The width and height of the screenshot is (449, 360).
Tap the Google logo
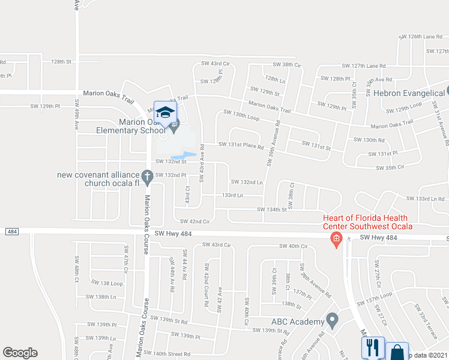(x=20, y=353)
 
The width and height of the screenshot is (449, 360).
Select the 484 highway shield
(x=11, y=232)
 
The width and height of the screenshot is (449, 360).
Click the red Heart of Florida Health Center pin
(x=336, y=241)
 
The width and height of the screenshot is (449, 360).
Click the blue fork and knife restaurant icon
(x=372, y=347)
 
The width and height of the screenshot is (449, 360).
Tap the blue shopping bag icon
(x=397, y=352)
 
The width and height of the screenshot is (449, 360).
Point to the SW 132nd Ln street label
(x=247, y=182)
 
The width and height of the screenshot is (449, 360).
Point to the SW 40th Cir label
(x=294, y=247)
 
